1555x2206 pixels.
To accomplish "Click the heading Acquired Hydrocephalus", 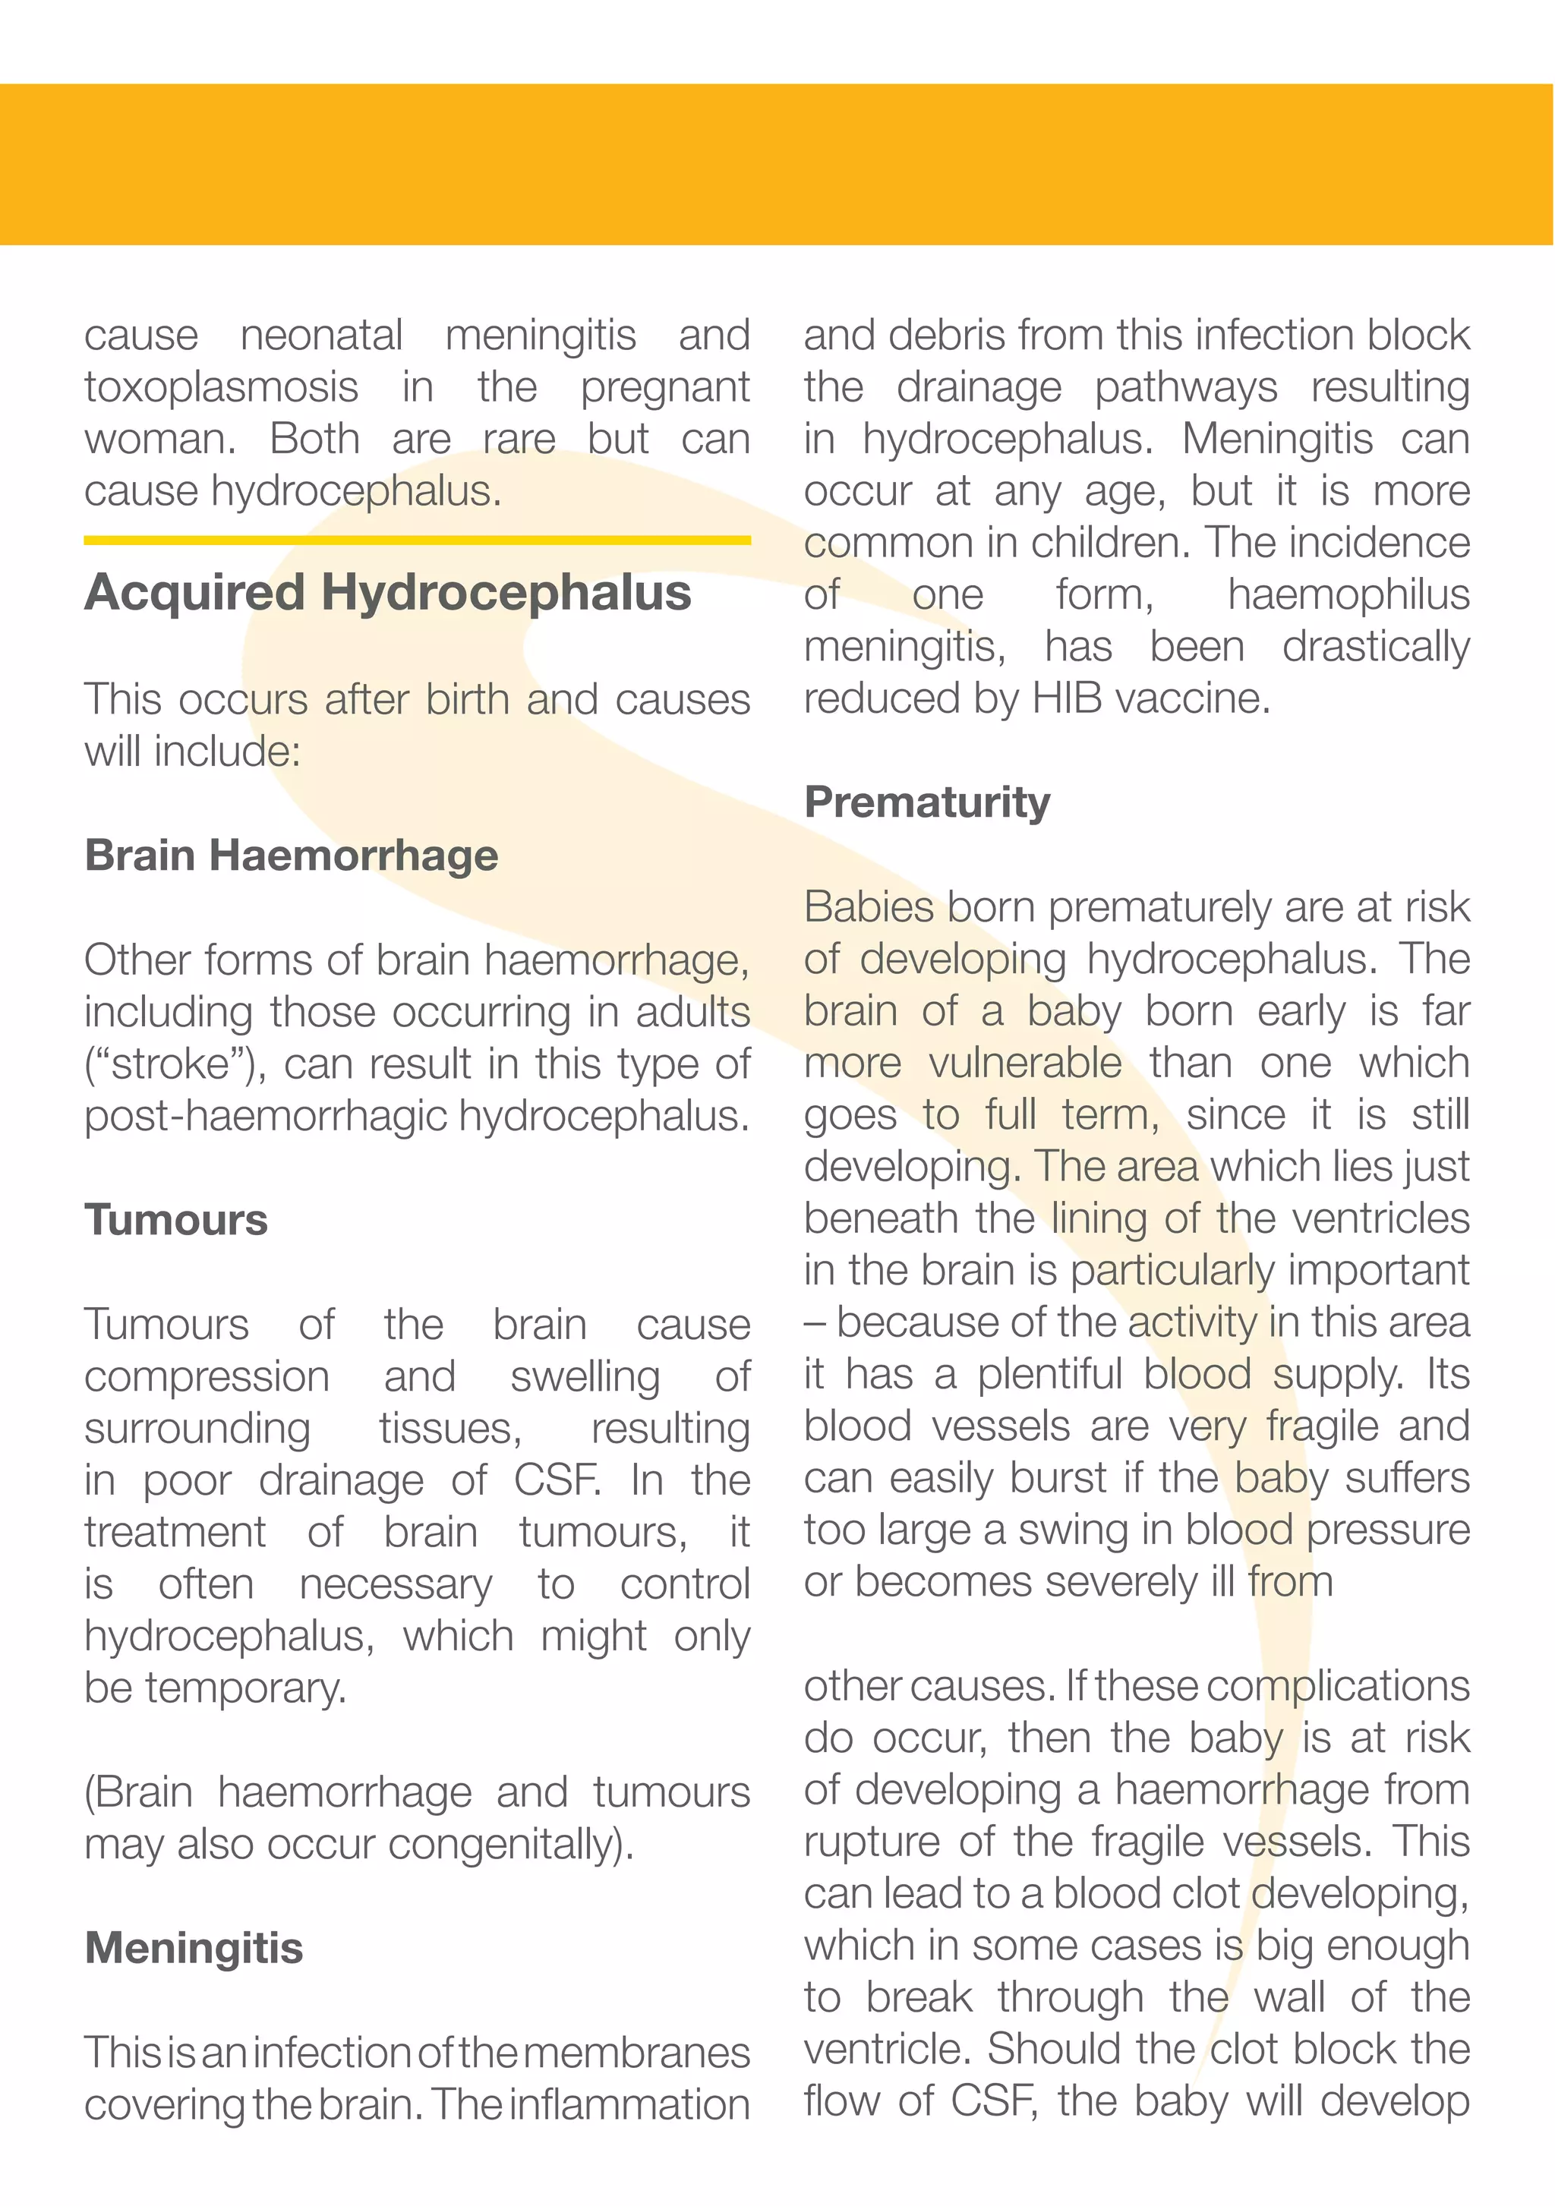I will (387, 592).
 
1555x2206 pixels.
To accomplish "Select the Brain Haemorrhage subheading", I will (292, 854).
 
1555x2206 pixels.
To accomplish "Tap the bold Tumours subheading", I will (176, 1219).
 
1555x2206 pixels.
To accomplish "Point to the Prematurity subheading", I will (926, 802).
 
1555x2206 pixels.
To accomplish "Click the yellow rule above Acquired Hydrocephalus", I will (416, 540).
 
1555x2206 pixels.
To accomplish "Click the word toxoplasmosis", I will (221, 387).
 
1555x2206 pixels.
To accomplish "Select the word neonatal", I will (321, 336).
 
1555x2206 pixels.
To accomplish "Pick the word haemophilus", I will (1348, 594).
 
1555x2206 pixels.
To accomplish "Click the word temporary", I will (245, 1689).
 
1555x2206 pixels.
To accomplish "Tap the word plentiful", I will (1049, 1375).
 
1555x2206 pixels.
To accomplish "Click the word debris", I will (948, 336).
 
